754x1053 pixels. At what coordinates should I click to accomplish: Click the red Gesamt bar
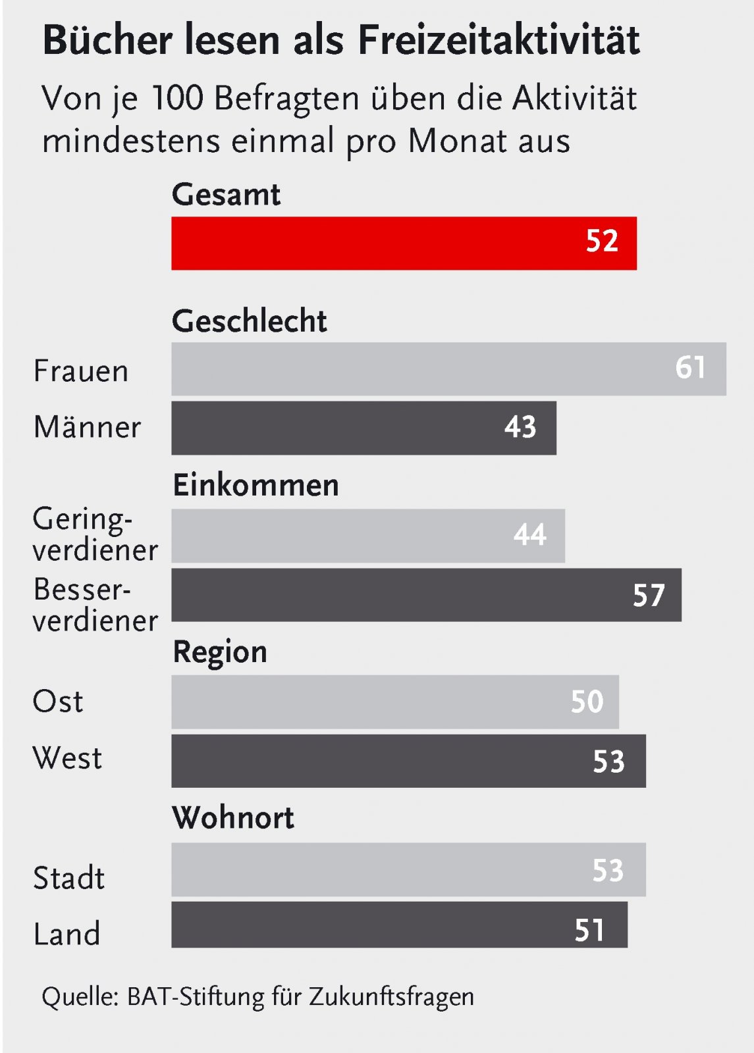pyautogui.click(x=404, y=243)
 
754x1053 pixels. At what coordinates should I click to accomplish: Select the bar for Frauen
pyautogui.click(x=448, y=369)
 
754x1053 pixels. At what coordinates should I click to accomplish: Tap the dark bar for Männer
pyautogui.click(x=364, y=428)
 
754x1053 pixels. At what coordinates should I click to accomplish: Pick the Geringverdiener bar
pyautogui.click(x=368, y=535)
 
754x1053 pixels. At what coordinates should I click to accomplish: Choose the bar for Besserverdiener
pyautogui.click(x=426, y=595)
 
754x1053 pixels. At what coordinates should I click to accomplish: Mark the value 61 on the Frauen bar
pyautogui.click(x=690, y=367)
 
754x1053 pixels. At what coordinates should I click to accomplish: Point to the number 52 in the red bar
pyautogui.click(x=602, y=241)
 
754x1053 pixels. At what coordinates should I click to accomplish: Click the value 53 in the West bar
pyautogui.click(x=608, y=761)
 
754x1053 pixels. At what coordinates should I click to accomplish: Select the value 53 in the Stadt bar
pyautogui.click(x=608, y=870)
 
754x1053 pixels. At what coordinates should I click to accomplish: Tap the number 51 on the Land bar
pyautogui.click(x=589, y=930)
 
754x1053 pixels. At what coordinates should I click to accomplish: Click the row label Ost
pyautogui.click(x=58, y=702)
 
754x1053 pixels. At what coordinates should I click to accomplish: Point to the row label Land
pyautogui.click(x=67, y=934)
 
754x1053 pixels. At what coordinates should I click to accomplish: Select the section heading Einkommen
pyautogui.click(x=256, y=485)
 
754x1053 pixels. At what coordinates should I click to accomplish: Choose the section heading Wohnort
pyautogui.click(x=233, y=817)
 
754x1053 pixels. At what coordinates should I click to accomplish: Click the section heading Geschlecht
pyautogui.click(x=249, y=321)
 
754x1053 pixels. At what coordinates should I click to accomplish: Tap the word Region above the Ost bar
pyautogui.click(x=220, y=652)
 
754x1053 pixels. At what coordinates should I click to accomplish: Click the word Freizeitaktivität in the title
pyautogui.click(x=498, y=41)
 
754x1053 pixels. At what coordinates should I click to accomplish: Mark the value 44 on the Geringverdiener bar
pyautogui.click(x=530, y=534)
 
